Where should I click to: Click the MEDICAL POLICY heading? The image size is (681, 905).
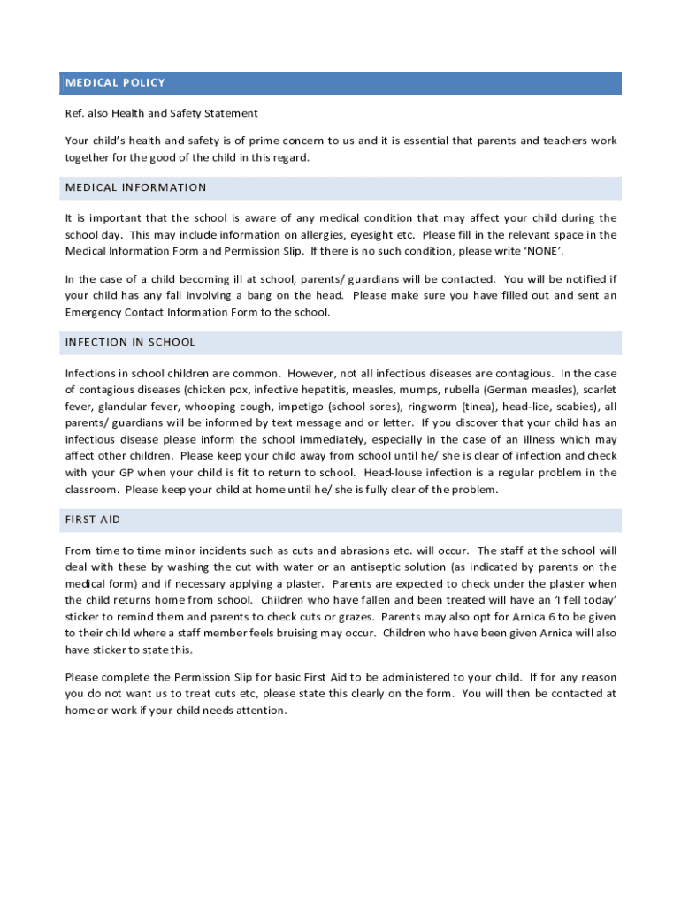[x=115, y=83]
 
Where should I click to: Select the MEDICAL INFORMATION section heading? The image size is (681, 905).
[x=136, y=187]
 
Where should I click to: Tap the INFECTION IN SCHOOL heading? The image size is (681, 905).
[x=130, y=342]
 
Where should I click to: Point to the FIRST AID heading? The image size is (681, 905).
[x=93, y=520]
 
